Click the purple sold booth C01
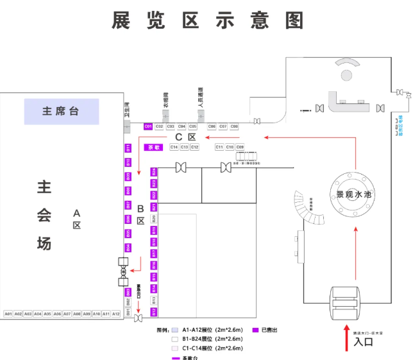pyautogui.click(x=148, y=126)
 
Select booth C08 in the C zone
pyautogui.click(x=234, y=126)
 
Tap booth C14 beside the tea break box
pyautogui.click(x=174, y=147)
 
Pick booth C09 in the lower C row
pyautogui.click(x=240, y=147)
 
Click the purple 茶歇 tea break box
pyautogui.click(x=153, y=147)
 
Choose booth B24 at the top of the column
pyautogui.click(x=154, y=172)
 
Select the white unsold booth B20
pyautogui.click(x=154, y=219)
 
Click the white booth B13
pyautogui.click(x=154, y=300)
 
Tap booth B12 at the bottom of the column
pyautogui.click(x=154, y=312)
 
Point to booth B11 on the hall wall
pyautogui.click(x=128, y=148)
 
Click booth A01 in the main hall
pyautogui.click(x=8, y=314)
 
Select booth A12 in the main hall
pyautogui.click(x=116, y=314)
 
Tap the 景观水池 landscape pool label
pyautogui.click(x=354, y=194)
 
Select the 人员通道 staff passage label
pyautogui.click(x=201, y=98)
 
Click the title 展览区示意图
pyautogui.click(x=206, y=21)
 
